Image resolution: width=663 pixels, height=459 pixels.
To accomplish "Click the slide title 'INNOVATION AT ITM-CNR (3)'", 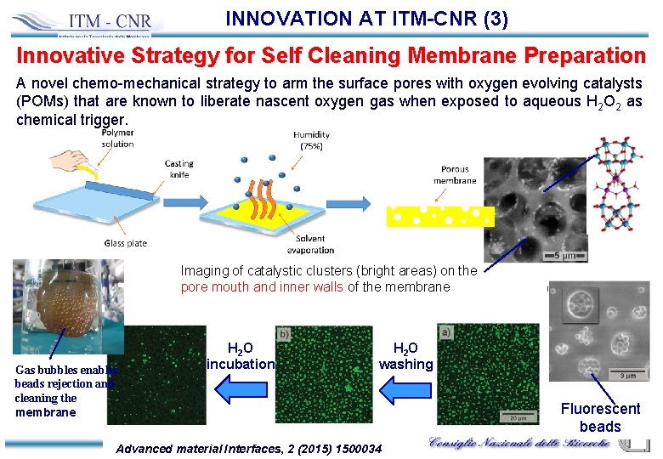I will (367, 18).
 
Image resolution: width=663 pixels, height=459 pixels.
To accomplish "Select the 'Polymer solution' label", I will (117, 139).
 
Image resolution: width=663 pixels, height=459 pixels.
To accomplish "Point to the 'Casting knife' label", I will (178, 169).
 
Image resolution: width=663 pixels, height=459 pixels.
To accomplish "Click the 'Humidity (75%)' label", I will (311, 140).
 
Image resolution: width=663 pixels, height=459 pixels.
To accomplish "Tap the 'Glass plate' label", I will (126, 243).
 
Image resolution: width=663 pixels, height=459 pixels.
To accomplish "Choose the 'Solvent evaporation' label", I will (312, 245).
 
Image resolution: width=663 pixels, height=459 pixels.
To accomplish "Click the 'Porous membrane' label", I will (455, 174).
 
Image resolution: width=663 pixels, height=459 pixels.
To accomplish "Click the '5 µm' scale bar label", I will (567, 254).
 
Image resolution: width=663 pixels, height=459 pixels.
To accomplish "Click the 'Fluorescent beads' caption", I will (600, 417).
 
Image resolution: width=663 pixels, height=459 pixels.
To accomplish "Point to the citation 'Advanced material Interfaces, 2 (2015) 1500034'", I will (248, 448).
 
